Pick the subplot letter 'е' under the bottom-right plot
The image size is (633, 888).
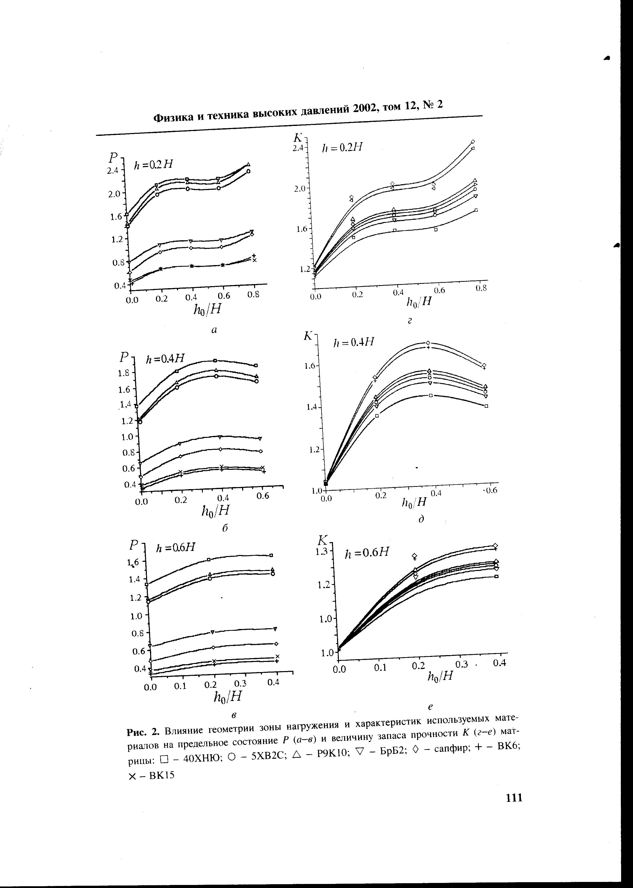(x=431, y=706)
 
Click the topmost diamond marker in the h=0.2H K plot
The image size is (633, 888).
(x=473, y=141)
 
